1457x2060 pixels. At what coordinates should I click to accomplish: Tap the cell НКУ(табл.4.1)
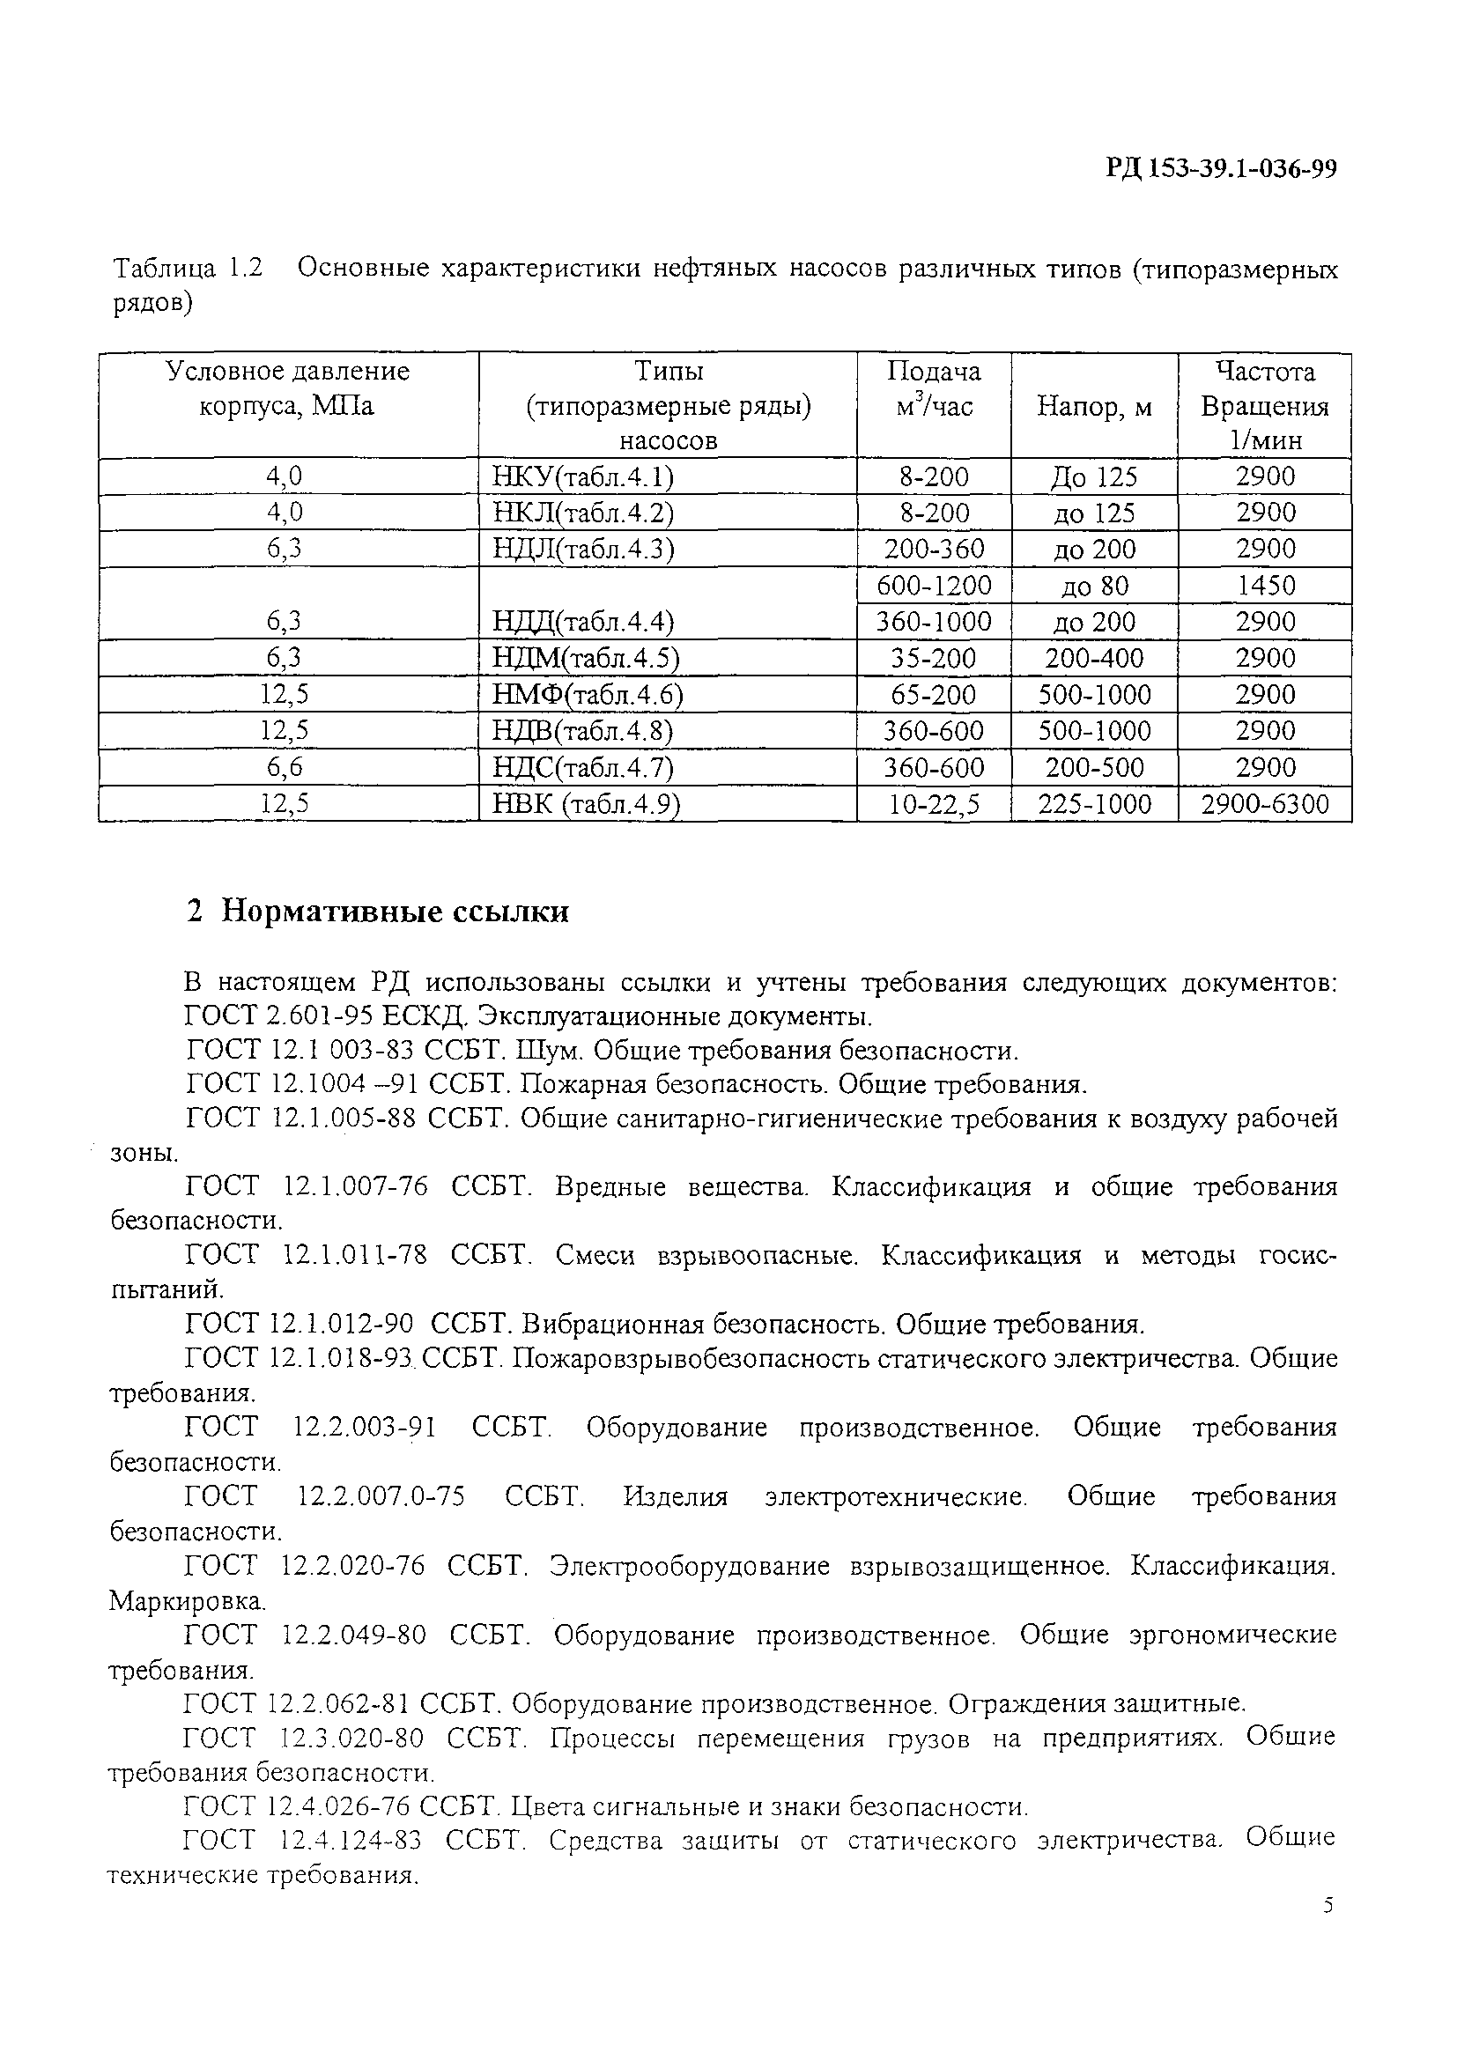[583, 477]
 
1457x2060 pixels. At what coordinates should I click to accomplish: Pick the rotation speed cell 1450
[1265, 586]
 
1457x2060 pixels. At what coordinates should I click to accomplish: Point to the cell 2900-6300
[1265, 804]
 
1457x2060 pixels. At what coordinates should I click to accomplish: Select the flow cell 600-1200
[934, 586]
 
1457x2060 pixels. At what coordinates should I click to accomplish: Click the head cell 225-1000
[1094, 804]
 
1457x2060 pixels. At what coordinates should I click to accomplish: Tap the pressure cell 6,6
[285, 768]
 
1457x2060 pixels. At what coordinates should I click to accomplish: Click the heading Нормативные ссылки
[395, 912]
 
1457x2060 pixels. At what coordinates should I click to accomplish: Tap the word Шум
[543, 1051]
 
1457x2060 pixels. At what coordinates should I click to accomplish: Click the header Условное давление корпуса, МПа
[287, 389]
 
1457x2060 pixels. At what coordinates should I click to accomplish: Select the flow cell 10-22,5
[934, 804]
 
